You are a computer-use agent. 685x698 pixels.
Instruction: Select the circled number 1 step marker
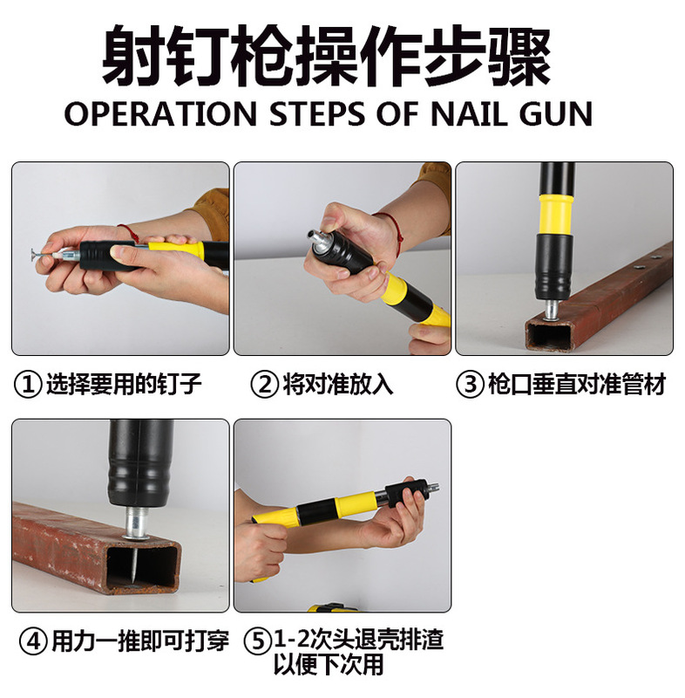(28, 385)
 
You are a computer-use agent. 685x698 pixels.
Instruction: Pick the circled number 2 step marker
(264, 385)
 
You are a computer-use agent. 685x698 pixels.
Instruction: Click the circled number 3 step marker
(471, 385)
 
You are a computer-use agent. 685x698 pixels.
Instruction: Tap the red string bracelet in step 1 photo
(129, 235)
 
